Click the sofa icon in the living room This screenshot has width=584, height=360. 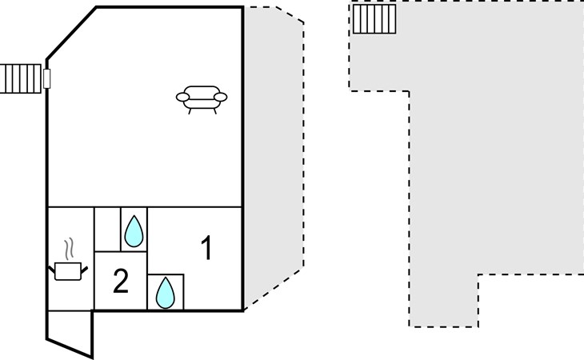coord(202,99)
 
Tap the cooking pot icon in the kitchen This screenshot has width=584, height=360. coord(68,271)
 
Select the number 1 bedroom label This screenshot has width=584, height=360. coord(206,247)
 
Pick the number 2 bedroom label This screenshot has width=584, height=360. coord(121,281)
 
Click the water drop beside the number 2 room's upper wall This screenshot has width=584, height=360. coord(134,231)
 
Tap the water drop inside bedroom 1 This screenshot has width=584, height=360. coord(166,293)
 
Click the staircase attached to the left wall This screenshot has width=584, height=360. coord(21,78)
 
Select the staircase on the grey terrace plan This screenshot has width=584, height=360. coord(374,19)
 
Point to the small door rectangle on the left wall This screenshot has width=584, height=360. coord(47,78)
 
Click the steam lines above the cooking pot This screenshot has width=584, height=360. coord(69,249)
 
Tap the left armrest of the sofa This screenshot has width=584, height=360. coord(183,97)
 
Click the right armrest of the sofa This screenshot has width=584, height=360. coord(220,97)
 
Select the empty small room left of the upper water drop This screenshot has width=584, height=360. coord(108,230)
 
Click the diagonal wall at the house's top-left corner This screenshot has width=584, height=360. coord(71,33)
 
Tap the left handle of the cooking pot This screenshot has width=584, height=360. coord(52,269)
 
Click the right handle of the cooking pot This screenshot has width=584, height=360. coord(85,269)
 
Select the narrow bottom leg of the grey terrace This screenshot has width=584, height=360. coord(443,301)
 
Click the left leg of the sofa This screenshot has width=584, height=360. coord(190,111)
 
